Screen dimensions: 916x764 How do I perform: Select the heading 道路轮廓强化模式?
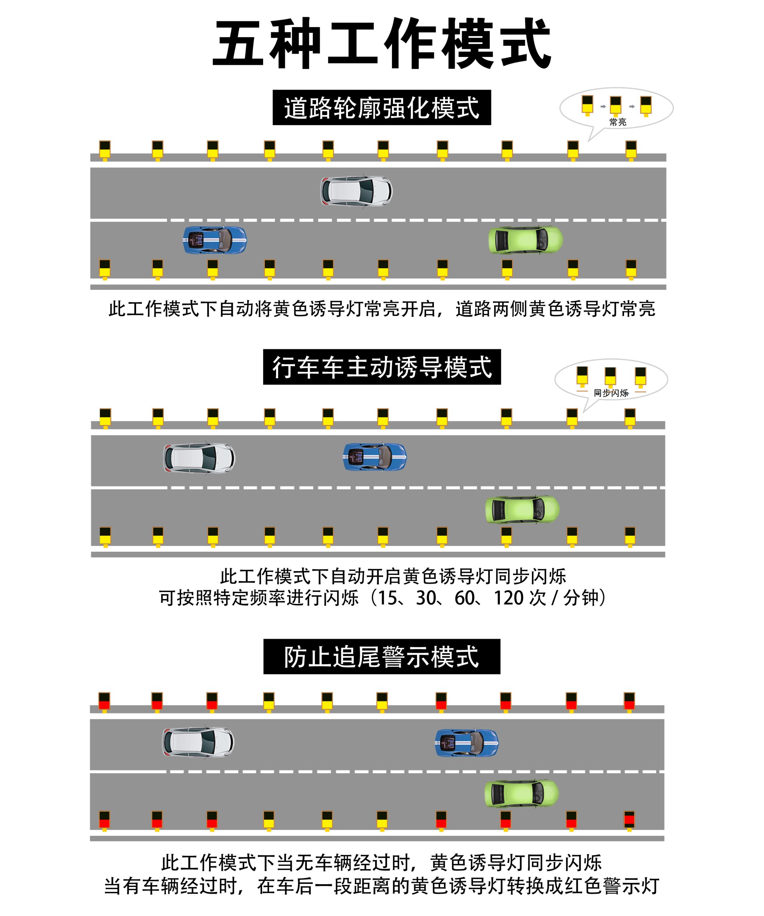point(382,108)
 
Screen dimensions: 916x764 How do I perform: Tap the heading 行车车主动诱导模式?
point(382,367)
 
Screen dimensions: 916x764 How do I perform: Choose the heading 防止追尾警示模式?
point(382,657)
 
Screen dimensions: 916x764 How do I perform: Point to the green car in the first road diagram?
point(525,240)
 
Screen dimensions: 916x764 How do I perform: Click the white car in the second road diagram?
point(199,458)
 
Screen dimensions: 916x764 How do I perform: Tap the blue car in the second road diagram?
point(375,457)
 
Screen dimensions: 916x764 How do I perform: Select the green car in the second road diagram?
point(522,510)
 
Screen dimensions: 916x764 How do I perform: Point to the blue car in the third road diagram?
point(466,743)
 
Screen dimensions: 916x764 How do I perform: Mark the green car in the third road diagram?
point(521,794)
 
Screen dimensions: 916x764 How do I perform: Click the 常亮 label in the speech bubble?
point(618,122)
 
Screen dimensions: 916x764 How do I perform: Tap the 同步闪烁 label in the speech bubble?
point(611,393)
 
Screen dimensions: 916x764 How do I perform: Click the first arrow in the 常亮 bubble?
point(603,106)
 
